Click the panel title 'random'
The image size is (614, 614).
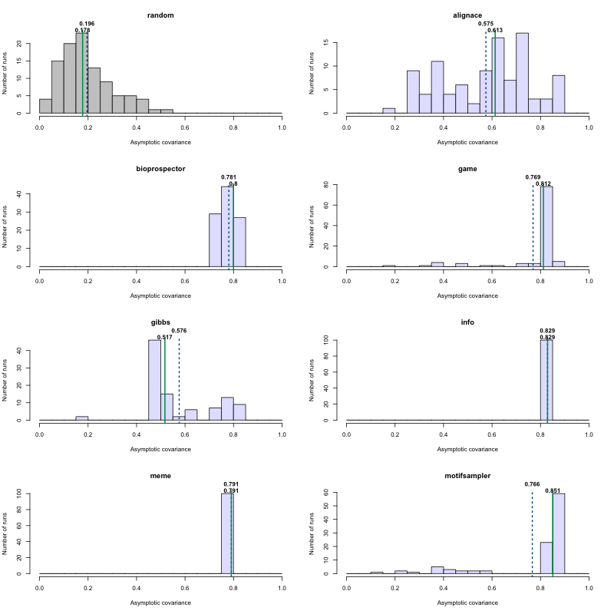[x=160, y=15]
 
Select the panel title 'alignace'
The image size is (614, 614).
[x=467, y=15]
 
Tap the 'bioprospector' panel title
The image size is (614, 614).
[x=160, y=168]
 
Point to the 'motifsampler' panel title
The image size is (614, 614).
[x=467, y=475]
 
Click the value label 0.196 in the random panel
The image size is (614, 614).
[x=87, y=24]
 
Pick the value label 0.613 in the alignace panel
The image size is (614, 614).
[x=495, y=30]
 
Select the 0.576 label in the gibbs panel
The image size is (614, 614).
[x=179, y=331]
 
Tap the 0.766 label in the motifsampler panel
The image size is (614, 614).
[x=532, y=484]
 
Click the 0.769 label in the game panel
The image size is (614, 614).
[x=533, y=177]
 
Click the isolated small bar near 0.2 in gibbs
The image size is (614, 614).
[x=82, y=418]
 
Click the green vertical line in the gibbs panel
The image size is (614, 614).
[x=165, y=384]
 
